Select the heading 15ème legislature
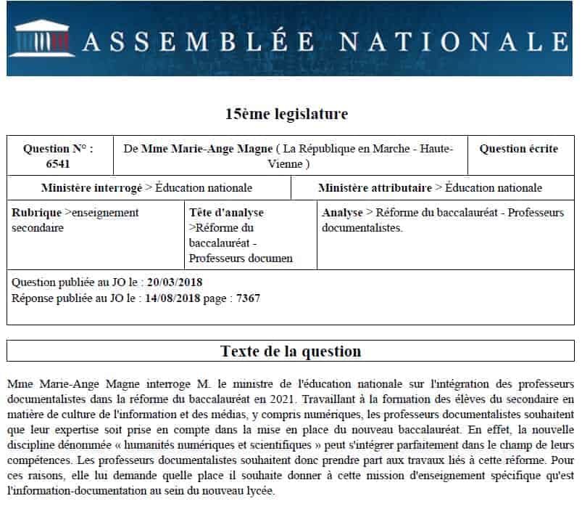(x=286, y=114)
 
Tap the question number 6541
(x=58, y=164)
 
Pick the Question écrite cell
(x=519, y=149)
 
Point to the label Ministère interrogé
(x=91, y=188)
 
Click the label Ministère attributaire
(x=375, y=188)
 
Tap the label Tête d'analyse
(x=226, y=213)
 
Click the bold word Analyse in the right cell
(x=342, y=213)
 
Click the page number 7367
(x=248, y=298)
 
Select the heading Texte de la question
(x=291, y=351)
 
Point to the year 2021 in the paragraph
(x=282, y=399)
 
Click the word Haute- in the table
(x=436, y=149)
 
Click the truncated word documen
(x=270, y=258)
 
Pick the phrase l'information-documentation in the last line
(x=74, y=490)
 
